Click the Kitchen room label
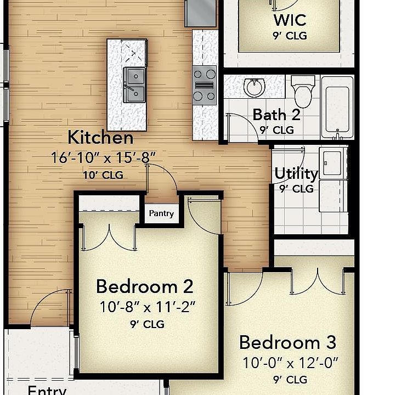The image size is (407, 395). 100,137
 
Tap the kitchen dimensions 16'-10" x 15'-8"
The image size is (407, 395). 103,158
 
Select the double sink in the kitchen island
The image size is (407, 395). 134,84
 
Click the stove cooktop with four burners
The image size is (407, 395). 204,84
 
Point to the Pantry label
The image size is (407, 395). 162,213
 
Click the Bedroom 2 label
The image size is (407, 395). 144,286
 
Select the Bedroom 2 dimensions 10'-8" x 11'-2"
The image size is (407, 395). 147,307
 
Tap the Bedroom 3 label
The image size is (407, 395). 287,342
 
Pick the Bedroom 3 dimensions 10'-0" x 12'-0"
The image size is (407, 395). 291,363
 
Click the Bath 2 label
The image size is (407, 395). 276,115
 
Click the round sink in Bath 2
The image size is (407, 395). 254,87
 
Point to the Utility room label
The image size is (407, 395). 296,173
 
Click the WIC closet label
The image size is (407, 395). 290,20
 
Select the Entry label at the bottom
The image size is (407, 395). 47,390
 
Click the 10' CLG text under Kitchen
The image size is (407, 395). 103,176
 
